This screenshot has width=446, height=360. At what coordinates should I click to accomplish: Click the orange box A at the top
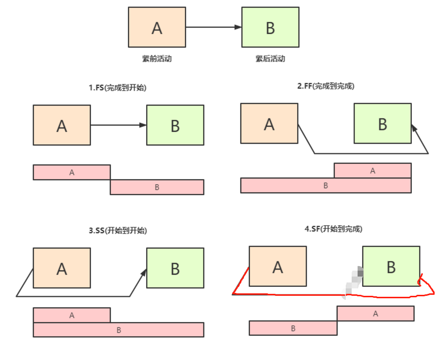(x=157, y=27)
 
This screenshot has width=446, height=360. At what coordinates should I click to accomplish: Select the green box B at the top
(x=270, y=27)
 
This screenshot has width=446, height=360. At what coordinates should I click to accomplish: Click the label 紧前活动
(x=157, y=59)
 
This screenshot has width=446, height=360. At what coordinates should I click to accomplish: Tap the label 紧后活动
(x=270, y=59)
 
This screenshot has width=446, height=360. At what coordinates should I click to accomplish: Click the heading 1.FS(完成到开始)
(x=118, y=88)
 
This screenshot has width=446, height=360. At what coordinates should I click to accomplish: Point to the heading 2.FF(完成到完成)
(x=325, y=86)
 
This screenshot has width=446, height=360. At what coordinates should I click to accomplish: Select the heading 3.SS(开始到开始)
(x=118, y=230)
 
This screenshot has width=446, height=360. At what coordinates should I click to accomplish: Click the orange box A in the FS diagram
(x=62, y=125)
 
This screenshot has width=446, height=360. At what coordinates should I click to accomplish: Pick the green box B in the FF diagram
(x=382, y=123)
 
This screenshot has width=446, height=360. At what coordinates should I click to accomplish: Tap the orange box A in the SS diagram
(x=62, y=268)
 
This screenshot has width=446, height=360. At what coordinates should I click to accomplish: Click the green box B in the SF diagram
(x=391, y=267)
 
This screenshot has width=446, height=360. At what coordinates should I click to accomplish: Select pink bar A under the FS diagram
(x=72, y=172)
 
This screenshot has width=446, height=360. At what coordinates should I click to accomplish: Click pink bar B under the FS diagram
(x=157, y=187)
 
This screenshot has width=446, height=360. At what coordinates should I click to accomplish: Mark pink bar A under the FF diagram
(x=372, y=170)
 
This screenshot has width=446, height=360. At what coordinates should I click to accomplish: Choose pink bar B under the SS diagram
(x=119, y=330)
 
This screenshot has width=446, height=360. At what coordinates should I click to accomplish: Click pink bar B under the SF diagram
(x=293, y=328)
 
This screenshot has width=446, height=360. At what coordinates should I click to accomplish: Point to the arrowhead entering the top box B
(x=238, y=27)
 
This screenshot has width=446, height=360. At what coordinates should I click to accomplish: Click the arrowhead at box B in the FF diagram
(x=414, y=127)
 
